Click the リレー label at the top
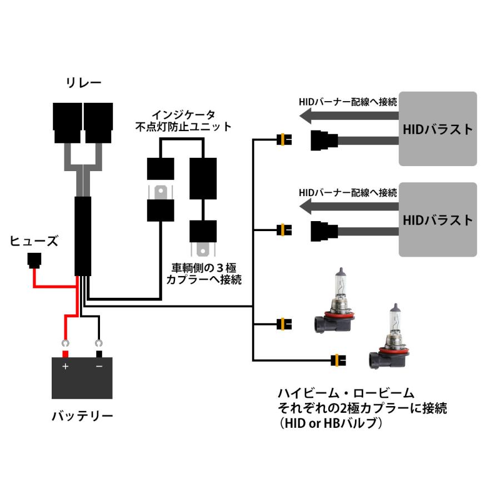click(84, 83)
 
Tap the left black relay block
click(67, 121)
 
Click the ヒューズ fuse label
click(34, 241)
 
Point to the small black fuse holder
click(34, 259)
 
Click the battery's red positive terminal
click(65, 354)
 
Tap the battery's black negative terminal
click(99, 354)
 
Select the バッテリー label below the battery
click(82, 416)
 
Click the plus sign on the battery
click(65, 367)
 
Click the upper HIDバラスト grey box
click(438, 129)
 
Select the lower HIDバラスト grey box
click(438, 219)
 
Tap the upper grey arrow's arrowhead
click(306, 115)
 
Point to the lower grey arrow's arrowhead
click(306, 206)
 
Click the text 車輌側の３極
click(204, 267)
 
